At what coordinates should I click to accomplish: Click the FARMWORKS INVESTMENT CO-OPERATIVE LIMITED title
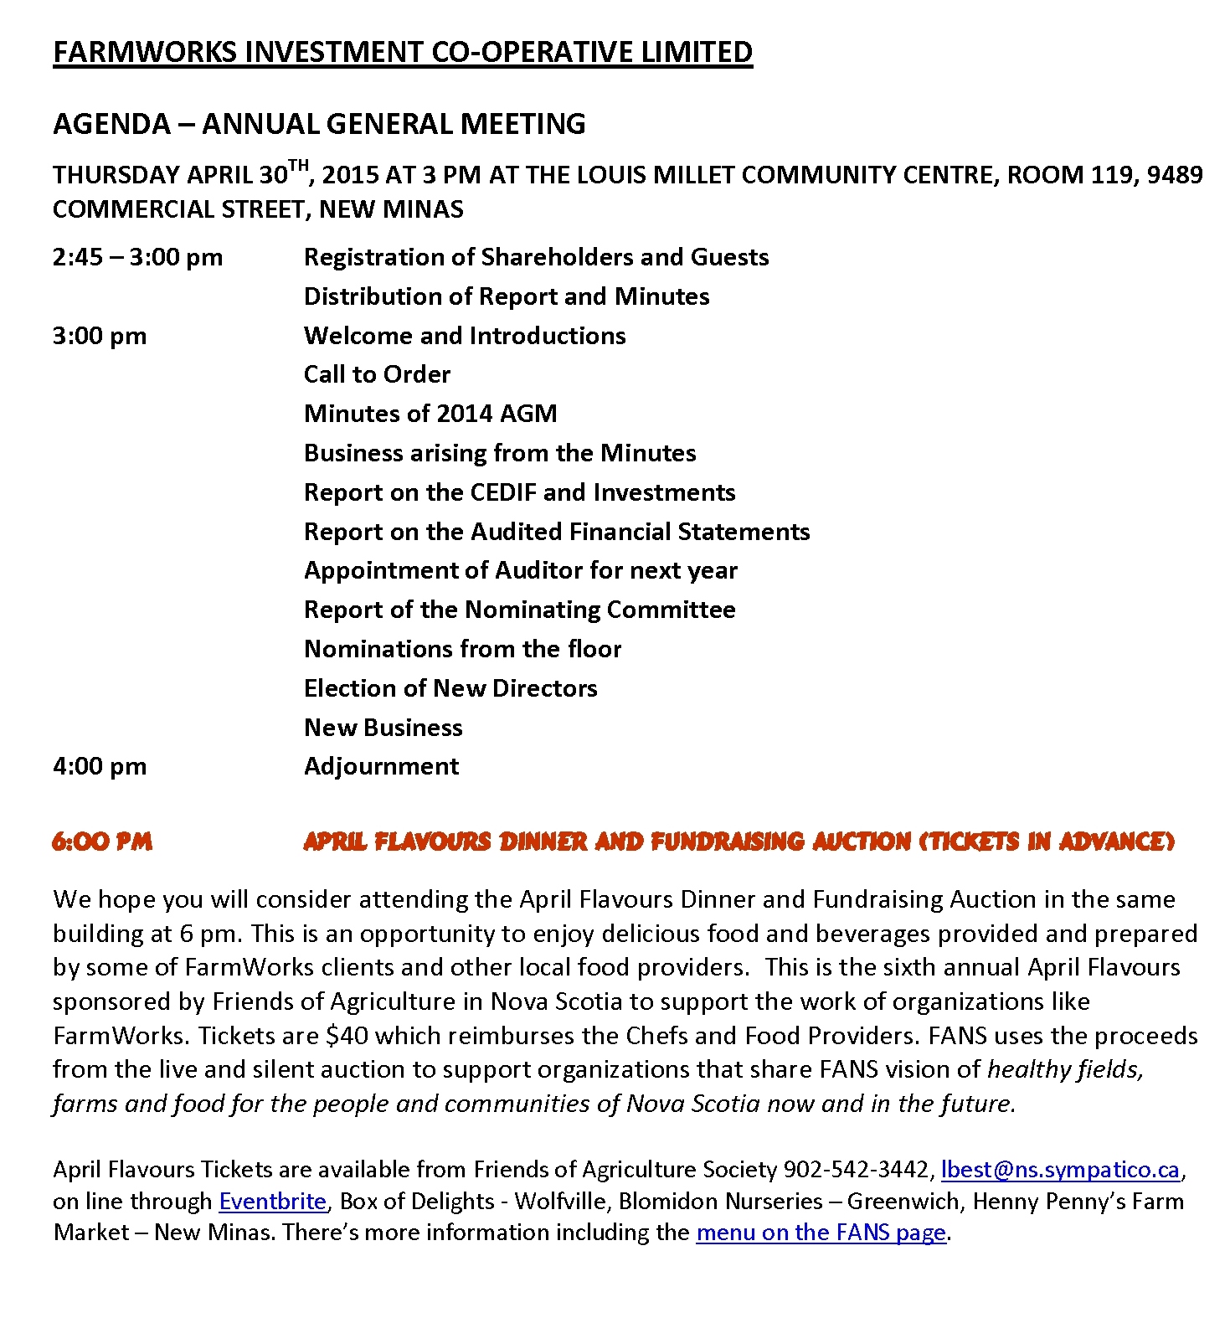(x=403, y=52)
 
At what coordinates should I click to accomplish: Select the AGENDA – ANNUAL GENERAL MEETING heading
(x=319, y=124)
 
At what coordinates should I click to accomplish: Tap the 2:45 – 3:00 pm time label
(x=137, y=257)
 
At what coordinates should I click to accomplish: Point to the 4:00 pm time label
(x=100, y=766)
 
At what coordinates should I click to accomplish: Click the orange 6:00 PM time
(x=102, y=842)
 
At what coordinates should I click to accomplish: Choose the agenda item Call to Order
(x=377, y=374)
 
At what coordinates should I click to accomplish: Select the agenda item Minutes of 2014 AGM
(x=430, y=414)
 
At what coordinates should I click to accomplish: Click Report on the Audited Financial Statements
(x=557, y=532)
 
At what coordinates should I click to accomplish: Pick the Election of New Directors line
(x=450, y=688)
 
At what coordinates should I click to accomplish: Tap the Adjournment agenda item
(x=381, y=766)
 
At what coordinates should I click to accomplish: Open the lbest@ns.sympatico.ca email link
(x=1060, y=1170)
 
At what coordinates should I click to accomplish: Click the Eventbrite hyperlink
(x=272, y=1202)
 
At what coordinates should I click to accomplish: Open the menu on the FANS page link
(x=821, y=1233)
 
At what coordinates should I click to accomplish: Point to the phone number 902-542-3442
(x=856, y=1170)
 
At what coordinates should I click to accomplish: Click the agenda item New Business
(x=383, y=728)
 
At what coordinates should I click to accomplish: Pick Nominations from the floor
(x=462, y=649)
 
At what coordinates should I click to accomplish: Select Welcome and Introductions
(x=465, y=336)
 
